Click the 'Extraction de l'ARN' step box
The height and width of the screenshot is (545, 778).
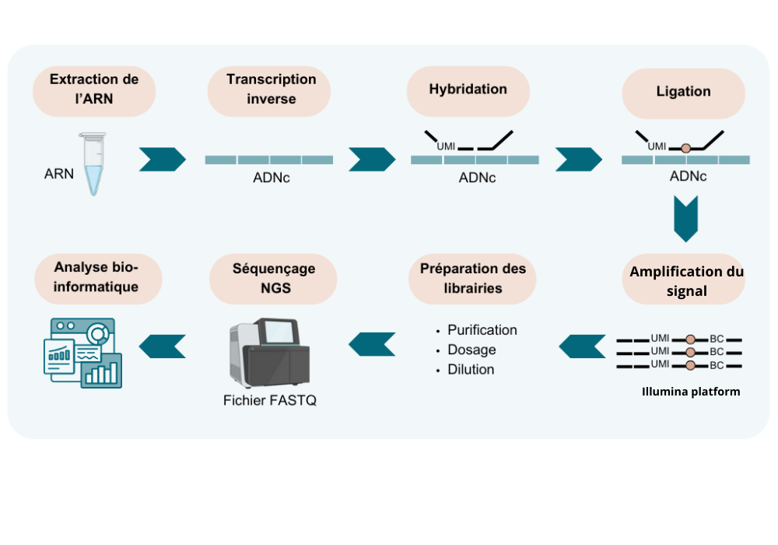(x=94, y=90)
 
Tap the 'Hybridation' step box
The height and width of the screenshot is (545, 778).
(x=468, y=90)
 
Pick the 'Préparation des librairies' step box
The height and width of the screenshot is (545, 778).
(x=472, y=278)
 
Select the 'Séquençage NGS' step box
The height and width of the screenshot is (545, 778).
(x=273, y=278)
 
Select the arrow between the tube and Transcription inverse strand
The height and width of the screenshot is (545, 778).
(x=162, y=159)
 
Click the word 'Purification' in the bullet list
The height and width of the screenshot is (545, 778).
(x=482, y=330)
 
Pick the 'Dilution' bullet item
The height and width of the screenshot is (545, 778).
(x=471, y=370)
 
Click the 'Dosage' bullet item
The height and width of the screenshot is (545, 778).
(x=471, y=350)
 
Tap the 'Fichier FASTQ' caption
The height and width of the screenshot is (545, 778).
(x=269, y=401)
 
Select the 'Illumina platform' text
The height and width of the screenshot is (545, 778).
(x=690, y=392)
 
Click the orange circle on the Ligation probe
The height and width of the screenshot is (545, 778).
(x=685, y=148)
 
